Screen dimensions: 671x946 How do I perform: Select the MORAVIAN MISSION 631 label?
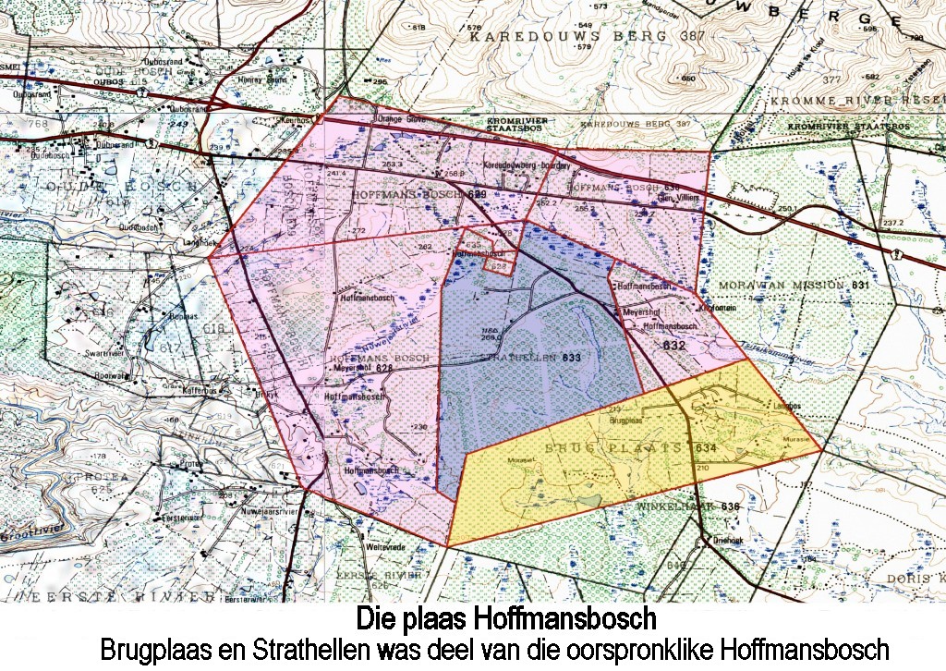[794, 286]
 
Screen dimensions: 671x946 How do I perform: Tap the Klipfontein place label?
[718, 307]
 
